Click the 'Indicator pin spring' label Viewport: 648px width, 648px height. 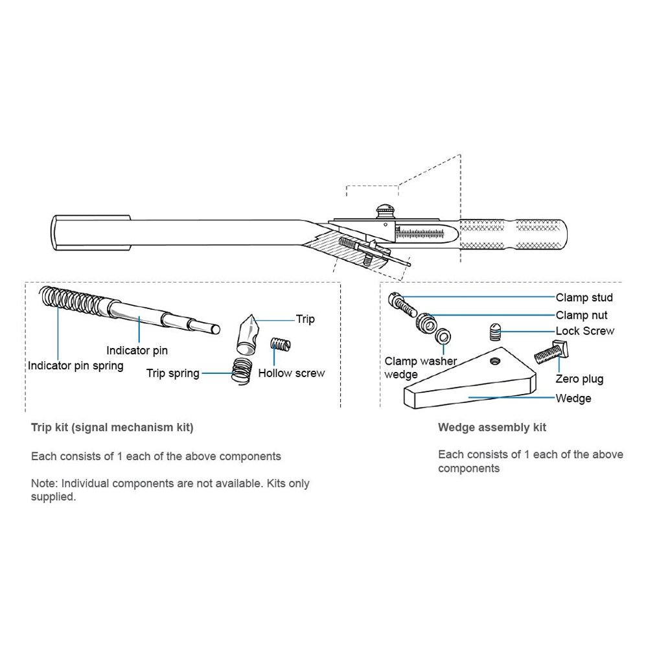(x=75, y=365)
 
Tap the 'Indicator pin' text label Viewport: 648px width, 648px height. (x=137, y=351)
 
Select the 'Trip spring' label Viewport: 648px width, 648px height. (x=172, y=373)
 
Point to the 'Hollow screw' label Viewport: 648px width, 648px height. (x=291, y=373)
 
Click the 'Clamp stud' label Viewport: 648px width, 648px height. (x=584, y=298)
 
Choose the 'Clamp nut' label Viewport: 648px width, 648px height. (x=581, y=316)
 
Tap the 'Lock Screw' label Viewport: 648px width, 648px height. (x=584, y=331)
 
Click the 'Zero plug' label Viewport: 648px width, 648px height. (x=579, y=379)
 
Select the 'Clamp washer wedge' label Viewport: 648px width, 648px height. (x=421, y=367)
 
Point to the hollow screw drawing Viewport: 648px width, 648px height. (x=280, y=345)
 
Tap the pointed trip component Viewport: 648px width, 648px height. (x=248, y=332)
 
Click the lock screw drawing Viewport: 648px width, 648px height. (x=495, y=333)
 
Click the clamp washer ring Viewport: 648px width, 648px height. (x=444, y=338)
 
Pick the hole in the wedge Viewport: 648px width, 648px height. (x=496, y=359)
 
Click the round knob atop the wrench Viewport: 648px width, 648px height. (x=384, y=211)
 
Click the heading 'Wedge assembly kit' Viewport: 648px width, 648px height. (x=492, y=427)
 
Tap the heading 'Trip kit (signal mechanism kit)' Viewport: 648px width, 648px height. (x=112, y=428)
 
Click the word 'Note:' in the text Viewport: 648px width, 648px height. (x=43, y=483)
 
